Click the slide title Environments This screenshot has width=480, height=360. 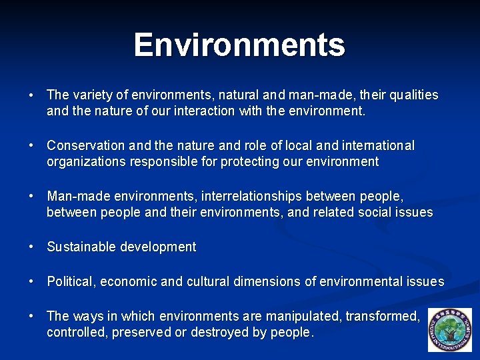[x=239, y=45]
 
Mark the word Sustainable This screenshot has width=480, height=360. [x=81, y=247]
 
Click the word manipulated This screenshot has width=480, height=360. [x=305, y=316]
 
